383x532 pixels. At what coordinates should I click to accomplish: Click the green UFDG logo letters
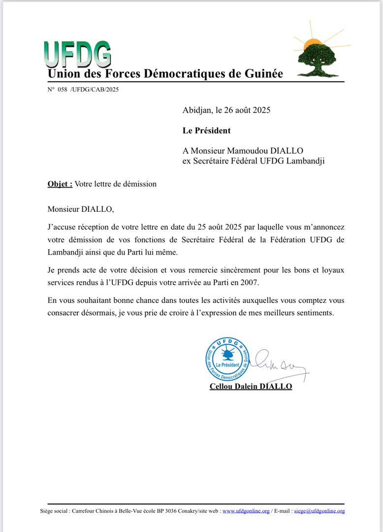point(77,54)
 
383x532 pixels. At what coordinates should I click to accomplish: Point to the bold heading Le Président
point(206,131)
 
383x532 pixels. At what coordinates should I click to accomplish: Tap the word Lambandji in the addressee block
point(307,161)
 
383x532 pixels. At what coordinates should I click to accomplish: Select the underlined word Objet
point(60,184)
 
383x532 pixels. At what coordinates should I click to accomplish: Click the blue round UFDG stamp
point(227,359)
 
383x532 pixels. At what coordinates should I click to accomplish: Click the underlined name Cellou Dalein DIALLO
point(251,386)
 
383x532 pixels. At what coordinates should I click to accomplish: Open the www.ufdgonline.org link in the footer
point(246,511)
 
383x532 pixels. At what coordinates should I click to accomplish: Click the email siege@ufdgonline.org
point(319,511)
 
